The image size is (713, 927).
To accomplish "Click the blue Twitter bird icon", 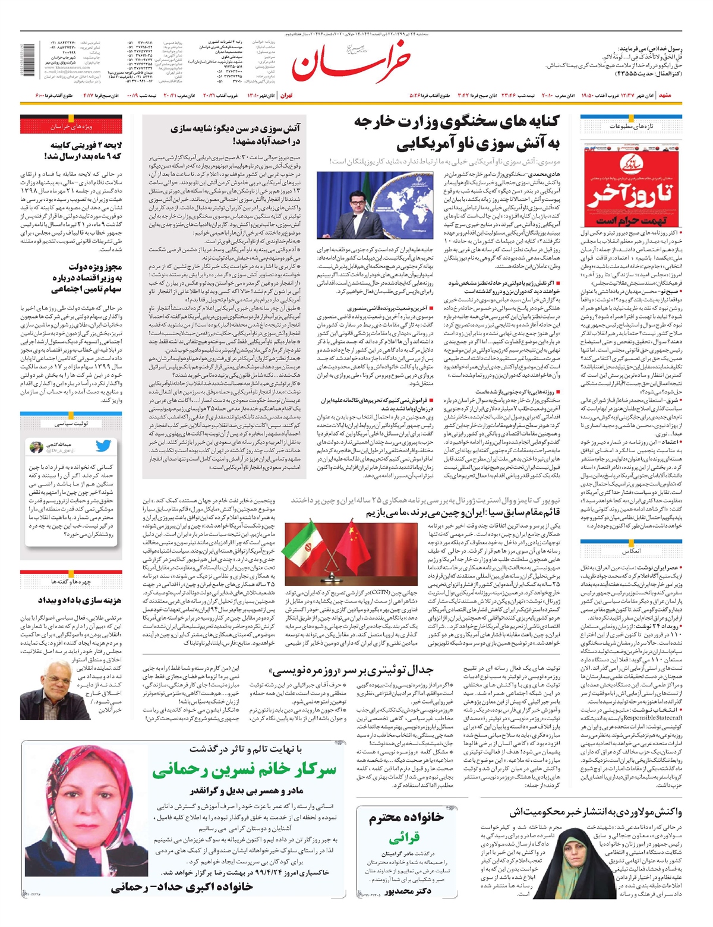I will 103,446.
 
